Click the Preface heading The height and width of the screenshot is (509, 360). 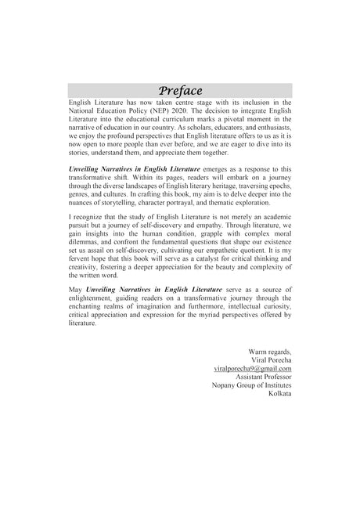pos(180,89)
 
